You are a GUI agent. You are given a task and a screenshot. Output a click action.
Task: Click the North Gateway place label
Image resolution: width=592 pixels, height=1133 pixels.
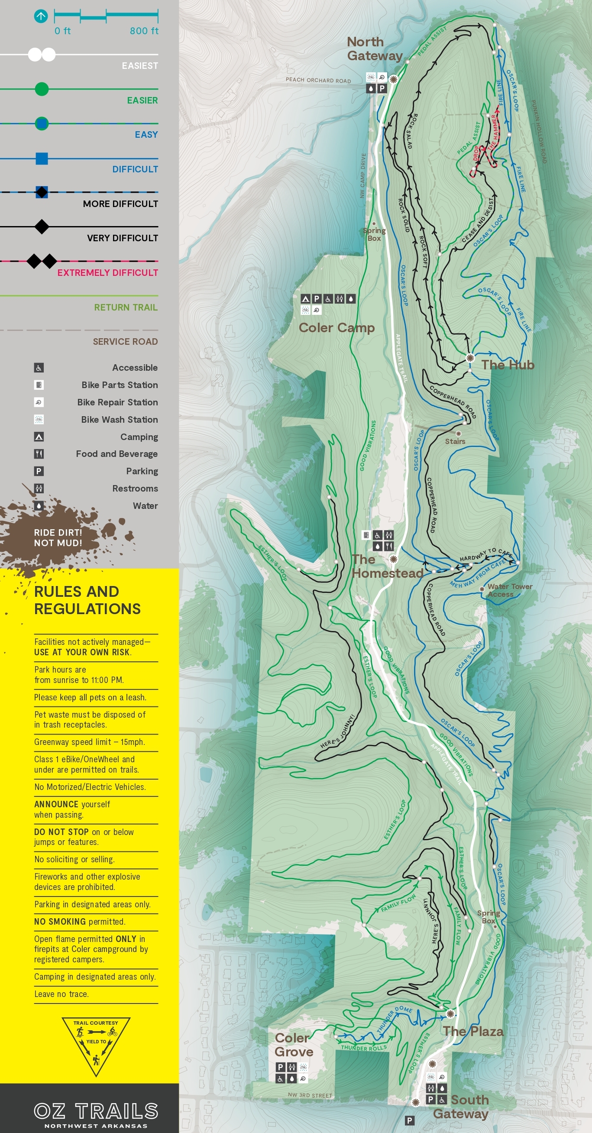point(374,49)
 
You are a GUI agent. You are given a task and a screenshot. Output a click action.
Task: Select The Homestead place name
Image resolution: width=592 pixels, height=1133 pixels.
point(387,566)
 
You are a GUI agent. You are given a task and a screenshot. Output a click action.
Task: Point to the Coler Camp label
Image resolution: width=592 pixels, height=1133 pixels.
point(336,328)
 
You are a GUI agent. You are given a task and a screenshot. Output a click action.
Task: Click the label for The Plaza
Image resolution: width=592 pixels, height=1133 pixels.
point(473,1031)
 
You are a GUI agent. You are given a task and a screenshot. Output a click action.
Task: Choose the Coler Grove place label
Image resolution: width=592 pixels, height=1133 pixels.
point(294,1045)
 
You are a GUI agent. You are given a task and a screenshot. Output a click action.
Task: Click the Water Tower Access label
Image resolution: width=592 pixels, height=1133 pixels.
point(509,590)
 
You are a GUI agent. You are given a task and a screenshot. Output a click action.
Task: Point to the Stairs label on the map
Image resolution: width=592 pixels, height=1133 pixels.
point(455,442)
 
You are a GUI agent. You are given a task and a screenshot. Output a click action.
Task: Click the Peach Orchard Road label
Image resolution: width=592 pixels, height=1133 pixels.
point(318,80)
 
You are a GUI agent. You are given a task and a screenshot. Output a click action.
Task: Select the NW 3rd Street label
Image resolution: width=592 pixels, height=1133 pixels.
point(310,1096)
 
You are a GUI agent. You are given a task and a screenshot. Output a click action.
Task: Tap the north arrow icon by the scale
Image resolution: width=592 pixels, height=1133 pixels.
point(40,17)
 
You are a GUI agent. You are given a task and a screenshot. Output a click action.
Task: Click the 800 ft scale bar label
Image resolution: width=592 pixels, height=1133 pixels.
point(144,31)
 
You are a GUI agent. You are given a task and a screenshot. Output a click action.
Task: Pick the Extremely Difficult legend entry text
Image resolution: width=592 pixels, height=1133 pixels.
point(107,273)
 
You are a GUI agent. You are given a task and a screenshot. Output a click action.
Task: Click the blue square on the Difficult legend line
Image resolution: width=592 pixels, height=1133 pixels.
point(42,159)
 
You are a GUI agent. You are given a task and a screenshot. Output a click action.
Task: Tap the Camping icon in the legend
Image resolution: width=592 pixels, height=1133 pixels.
point(39,437)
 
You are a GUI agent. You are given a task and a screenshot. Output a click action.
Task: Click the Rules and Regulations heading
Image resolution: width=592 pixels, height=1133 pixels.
point(87,600)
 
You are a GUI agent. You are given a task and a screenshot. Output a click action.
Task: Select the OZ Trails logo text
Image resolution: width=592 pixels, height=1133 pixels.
point(96,1111)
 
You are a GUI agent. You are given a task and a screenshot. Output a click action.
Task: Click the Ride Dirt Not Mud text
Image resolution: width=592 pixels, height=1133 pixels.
point(58,537)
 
